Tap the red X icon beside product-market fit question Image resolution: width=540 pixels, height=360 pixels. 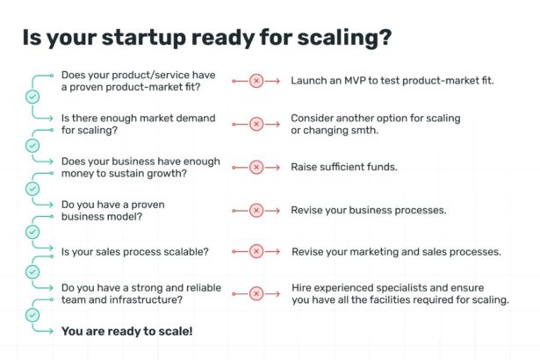(x=256, y=81)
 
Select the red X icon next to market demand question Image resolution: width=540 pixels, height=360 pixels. (x=256, y=124)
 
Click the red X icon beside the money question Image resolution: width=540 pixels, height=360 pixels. (x=256, y=167)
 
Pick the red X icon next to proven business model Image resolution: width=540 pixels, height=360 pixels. (x=256, y=210)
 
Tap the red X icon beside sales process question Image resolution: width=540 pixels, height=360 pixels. (x=256, y=252)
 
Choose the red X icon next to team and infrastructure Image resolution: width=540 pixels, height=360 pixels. (x=256, y=294)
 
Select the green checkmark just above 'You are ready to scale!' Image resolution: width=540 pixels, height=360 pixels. (x=32, y=312)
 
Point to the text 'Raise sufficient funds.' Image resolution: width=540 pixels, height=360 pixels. (x=343, y=167)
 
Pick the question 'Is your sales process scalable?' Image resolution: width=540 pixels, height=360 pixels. (x=134, y=252)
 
